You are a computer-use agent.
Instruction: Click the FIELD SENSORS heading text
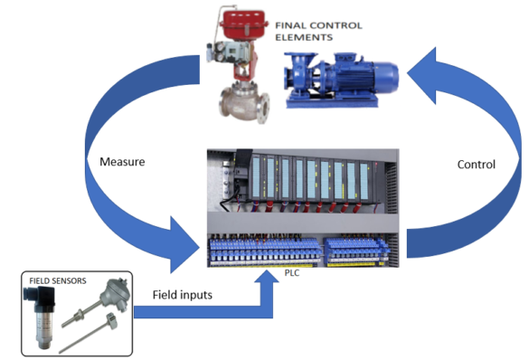point(56,280)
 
